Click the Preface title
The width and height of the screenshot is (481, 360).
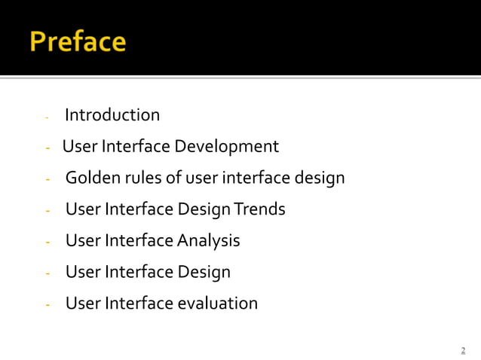pyautogui.click(x=78, y=41)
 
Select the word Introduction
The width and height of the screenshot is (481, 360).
pyautogui.click(x=112, y=115)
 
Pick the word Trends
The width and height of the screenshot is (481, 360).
pyautogui.click(x=260, y=209)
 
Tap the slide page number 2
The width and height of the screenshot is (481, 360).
pyautogui.click(x=463, y=351)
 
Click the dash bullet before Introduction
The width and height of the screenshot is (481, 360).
pyautogui.click(x=47, y=117)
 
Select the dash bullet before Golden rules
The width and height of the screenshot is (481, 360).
pyautogui.click(x=47, y=179)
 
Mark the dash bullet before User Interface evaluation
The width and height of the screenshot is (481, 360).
pyautogui.click(x=47, y=305)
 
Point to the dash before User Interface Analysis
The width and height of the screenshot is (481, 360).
pyautogui.click(x=47, y=243)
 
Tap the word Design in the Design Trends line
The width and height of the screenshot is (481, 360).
pyautogui.click(x=204, y=209)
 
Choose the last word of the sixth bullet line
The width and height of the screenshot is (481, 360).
pyautogui.click(x=204, y=272)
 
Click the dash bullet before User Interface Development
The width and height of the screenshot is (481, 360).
pyautogui.click(x=47, y=148)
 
